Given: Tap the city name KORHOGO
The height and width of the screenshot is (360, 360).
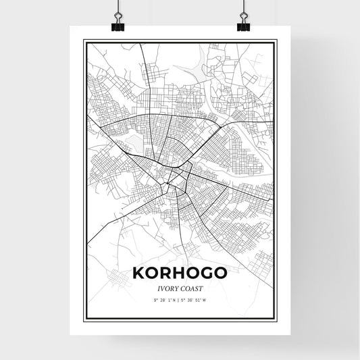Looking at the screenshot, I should tap(180, 274).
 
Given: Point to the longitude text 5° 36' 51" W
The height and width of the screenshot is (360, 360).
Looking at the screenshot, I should tap(197, 300).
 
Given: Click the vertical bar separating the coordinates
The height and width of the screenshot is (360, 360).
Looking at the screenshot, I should tap(179, 300).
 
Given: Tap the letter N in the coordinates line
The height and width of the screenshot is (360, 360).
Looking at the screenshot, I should tap(174, 300).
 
